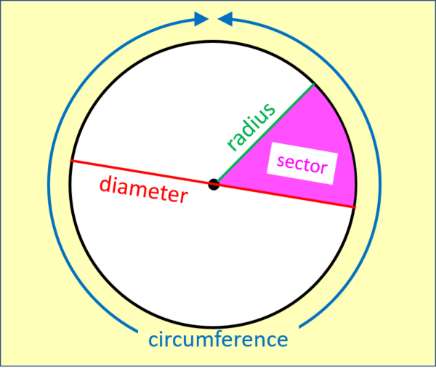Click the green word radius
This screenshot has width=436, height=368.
(251, 127)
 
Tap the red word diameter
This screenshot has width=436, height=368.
(143, 188)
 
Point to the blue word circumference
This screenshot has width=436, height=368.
(218, 339)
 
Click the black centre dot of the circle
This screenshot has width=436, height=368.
(214, 184)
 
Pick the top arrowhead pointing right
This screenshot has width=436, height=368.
(201, 19)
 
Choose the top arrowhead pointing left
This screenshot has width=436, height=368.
(225, 19)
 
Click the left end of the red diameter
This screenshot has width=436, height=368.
(72, 161)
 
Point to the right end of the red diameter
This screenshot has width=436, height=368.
(355, 207)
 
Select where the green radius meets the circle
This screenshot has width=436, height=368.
(315, 84)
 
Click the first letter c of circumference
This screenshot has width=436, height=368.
(154, 340)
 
